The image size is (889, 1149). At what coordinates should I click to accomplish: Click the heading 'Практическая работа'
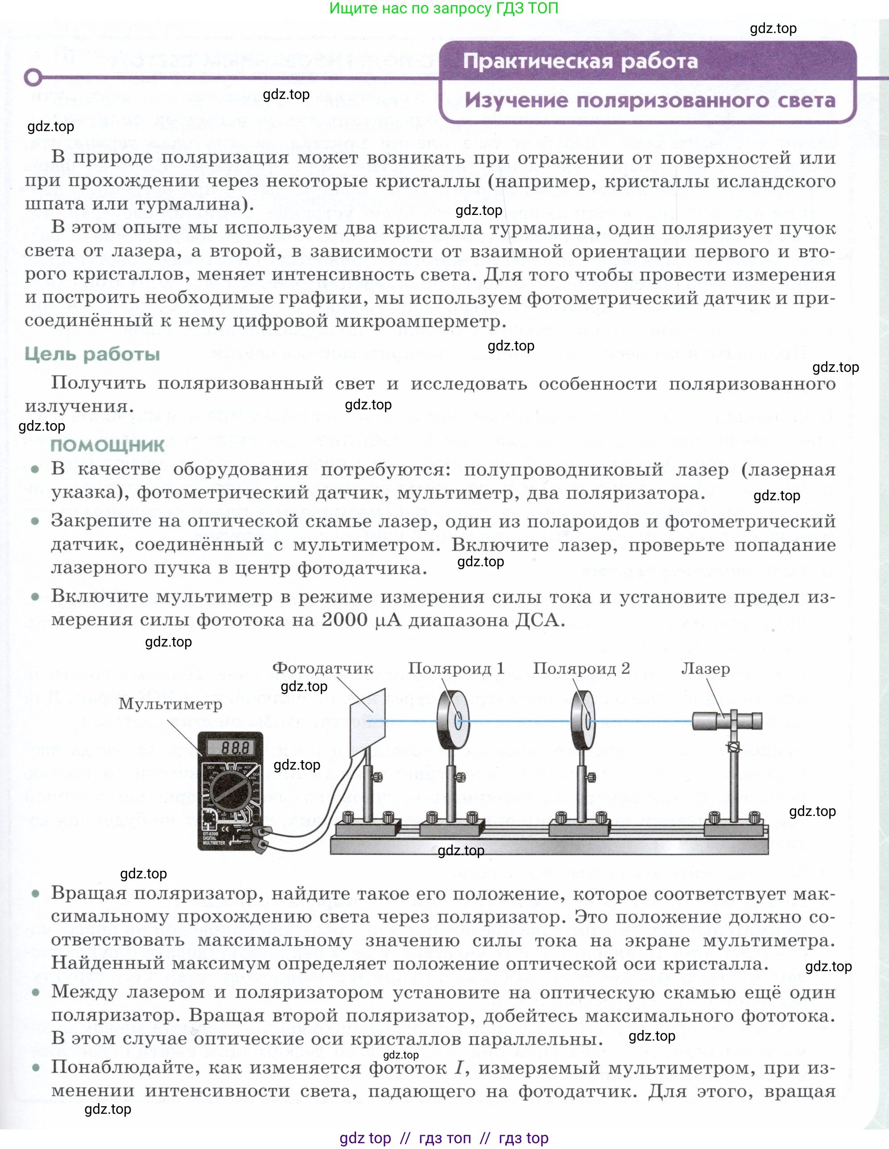(580, 62)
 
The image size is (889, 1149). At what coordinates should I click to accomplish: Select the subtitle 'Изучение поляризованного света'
(649, 100)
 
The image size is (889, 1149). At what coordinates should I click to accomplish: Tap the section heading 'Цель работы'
(92, 354)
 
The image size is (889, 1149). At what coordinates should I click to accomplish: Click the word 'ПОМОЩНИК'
(108, 445)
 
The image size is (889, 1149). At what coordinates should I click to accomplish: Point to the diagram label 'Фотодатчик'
(322, 668)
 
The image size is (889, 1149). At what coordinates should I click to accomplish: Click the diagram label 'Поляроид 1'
(456, 668)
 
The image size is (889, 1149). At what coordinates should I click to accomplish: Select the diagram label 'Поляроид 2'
(581, 668)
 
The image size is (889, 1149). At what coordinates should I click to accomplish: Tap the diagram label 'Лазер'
(705, 669)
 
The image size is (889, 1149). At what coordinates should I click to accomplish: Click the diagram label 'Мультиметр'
(170, 704)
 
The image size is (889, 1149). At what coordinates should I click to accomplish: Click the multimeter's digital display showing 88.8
(231, 748)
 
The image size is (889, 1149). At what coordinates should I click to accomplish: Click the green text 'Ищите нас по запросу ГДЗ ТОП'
(443, 8)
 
